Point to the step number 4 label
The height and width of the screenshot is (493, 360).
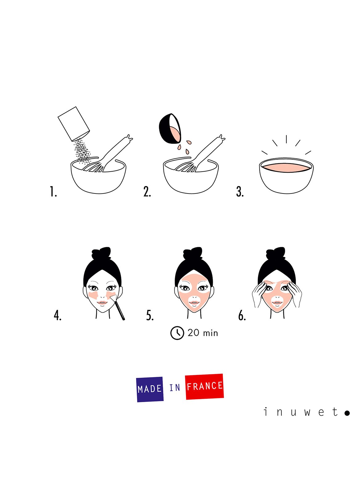57,316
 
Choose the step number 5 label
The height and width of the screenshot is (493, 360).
150,316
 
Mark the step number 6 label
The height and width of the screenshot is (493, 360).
242,316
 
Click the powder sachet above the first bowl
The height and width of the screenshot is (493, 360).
74,124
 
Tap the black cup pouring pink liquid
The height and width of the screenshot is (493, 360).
170,128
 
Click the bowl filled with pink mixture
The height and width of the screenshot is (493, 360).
286,175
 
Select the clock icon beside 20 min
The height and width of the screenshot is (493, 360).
177,333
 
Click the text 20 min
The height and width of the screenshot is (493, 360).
203,333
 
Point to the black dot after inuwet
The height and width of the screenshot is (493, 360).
347,413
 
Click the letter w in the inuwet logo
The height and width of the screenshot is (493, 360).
307,413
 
